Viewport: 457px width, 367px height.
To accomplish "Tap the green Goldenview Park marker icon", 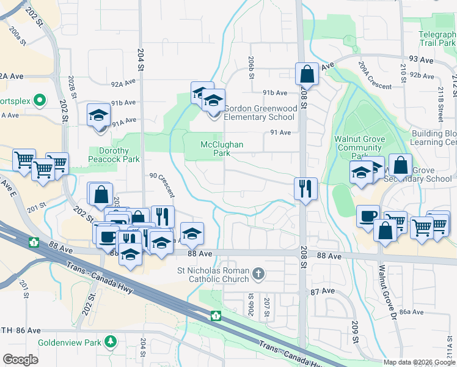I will point(110,341).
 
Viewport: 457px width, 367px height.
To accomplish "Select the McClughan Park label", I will point(222,149).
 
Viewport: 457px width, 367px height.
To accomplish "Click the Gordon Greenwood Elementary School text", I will point(259,113).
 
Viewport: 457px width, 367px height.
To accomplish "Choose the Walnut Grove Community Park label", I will point(359,147).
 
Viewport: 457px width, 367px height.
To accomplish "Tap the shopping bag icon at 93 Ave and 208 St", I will point(307,75).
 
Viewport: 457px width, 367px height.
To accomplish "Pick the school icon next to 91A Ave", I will point(98,116).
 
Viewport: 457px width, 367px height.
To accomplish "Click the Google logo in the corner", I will point(20,360).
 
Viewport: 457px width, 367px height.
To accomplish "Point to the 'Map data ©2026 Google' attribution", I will point(419,362).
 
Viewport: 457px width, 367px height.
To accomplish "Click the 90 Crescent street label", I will point(163,185).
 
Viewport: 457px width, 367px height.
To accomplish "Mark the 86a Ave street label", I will point(412,311).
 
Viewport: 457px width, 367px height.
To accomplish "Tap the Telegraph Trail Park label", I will point(437,39).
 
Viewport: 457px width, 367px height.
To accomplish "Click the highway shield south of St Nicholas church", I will point(215,316).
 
